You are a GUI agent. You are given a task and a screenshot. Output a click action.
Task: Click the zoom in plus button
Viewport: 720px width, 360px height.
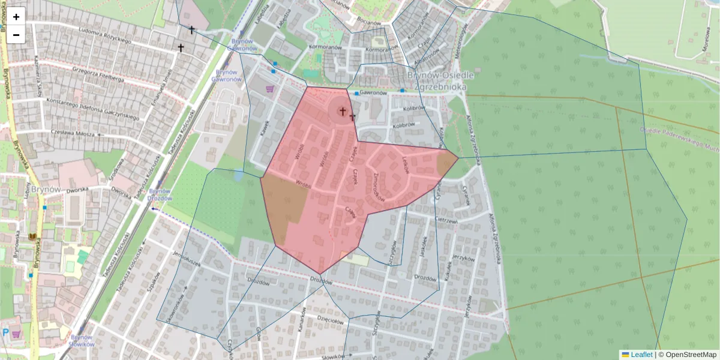click(16, 17)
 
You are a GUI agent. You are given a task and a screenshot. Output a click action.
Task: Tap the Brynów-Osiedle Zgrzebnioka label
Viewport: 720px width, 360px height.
click(440, 80)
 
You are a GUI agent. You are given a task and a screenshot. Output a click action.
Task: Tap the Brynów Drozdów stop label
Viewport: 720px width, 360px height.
click(160, 195)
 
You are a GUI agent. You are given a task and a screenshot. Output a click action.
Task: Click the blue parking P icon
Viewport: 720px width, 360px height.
click(6, 332)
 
